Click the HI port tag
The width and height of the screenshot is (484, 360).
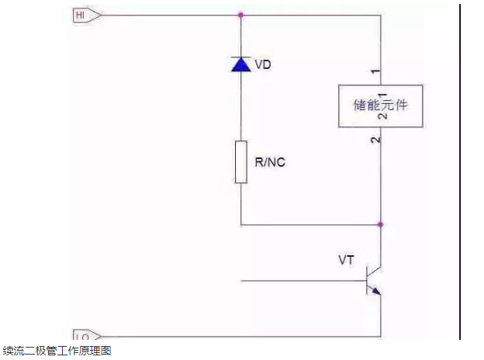[85, 15]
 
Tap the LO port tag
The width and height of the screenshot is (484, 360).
[85, 335]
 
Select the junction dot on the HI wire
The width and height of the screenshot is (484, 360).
[240, 15]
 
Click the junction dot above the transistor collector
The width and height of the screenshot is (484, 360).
[380, 224]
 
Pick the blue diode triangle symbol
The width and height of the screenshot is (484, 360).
[240, 64]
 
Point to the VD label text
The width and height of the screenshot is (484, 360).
[263, 64]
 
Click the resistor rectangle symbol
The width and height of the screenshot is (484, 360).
[240, 161]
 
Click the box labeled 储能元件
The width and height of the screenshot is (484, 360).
[380, 106]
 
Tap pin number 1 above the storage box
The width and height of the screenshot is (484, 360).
[375, 72]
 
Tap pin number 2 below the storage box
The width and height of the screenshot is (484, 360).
[375, 140]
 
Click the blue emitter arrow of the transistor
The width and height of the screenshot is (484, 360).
[375, 291]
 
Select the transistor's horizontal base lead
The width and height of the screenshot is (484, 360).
[302, 279]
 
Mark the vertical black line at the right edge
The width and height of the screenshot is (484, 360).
[460, 171]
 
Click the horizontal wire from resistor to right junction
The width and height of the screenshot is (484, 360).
[310, 224]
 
